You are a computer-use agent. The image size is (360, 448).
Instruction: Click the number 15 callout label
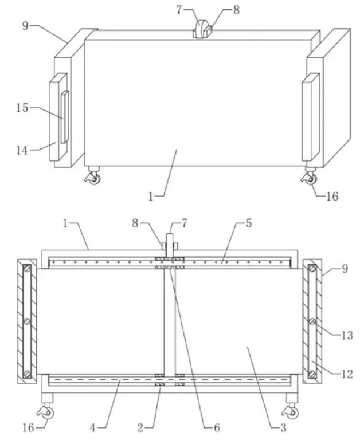[x=22, y=108]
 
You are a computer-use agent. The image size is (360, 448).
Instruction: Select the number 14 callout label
[x=22, y=150]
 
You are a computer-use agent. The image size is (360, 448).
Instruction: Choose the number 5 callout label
[x=248, y=223]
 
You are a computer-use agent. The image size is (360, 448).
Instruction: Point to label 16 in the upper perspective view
[x=332, y=197]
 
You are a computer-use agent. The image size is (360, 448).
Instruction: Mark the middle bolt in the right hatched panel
[x=312, y=321]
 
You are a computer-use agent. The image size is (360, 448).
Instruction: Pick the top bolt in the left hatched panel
[x=27, y=269]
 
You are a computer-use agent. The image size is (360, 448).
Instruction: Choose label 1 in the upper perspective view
[x=151, y=197]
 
